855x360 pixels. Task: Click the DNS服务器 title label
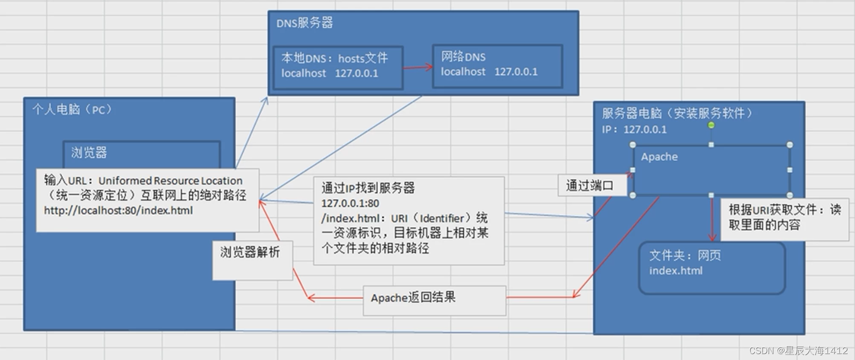(x=304, y=23)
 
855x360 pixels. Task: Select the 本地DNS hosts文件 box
(x=338, y=68)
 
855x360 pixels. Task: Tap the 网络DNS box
(x=497, y=66)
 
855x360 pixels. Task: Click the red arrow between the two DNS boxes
(x=417, y=67)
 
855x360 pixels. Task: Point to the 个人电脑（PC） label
(x=72, y=109)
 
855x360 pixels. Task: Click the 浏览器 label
(x=89, y=153)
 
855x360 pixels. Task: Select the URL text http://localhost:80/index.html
(x=119, y=210)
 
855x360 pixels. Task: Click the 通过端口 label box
(x=590, y=186)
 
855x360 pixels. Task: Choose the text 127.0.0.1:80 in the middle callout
(x=350, y=203)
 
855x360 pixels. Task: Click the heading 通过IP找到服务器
(x=368, y=188)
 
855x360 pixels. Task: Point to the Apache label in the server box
(x=659, y=157)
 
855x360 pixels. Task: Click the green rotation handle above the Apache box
(x=711, y=125)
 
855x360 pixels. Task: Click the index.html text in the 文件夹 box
(x=676, y=271)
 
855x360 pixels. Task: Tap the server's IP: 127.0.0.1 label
(x=634, y=130)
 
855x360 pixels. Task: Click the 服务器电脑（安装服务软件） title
(x=677, y=114)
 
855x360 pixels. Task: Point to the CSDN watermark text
(x=798, y=351)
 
